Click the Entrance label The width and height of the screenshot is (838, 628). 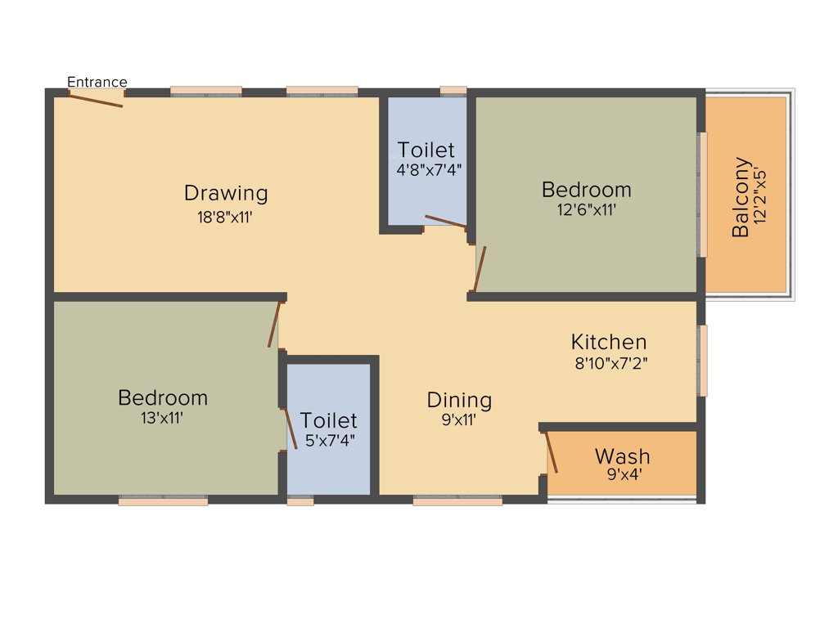[97, 82]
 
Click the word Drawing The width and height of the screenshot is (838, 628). [226, 194]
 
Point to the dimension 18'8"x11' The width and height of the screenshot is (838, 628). [226, 218]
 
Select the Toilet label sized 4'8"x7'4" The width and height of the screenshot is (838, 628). [426, 150]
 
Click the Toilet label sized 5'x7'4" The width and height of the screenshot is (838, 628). [328, 420]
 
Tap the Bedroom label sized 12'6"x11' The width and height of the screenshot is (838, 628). [586, 190]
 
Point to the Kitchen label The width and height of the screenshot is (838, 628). [609, 342]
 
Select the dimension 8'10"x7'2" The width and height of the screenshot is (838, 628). [612, 363]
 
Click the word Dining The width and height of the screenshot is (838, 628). [459, 401]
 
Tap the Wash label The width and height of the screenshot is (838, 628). [622, 455]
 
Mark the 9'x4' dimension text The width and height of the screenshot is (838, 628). [622, 473]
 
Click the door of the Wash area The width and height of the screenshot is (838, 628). [552, 453]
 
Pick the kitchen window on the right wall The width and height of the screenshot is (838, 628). [702, 360]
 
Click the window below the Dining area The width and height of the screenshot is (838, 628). [457, 500]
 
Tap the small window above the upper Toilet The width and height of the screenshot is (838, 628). [453, 91]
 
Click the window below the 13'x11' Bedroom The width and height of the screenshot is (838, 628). [163, 500]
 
